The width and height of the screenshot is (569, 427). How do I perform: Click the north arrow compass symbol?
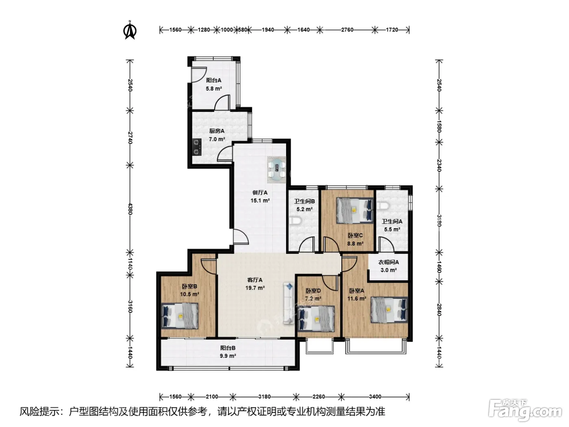(130, 30)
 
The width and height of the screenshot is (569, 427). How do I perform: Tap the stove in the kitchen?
(197, 147)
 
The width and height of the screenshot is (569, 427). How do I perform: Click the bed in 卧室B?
(180, 316)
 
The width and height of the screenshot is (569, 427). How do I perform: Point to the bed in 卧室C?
(355, 211)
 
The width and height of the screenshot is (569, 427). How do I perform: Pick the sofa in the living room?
(289, 303)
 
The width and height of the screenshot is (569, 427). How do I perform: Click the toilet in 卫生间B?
(295, 221)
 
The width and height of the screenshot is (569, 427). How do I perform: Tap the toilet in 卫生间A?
(383, 206)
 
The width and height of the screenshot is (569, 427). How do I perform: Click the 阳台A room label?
(214, 81)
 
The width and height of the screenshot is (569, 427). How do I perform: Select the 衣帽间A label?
(388, 262)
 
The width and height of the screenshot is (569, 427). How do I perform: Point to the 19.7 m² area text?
(255, 288)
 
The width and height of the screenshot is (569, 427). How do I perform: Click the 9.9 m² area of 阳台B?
(228, 356)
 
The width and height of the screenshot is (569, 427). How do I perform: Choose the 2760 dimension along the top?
(347, 30)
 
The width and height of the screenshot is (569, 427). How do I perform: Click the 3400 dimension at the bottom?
(375, 396)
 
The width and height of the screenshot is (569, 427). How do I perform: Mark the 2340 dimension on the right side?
(439, 165)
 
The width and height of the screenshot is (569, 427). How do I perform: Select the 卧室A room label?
(357, 291)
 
